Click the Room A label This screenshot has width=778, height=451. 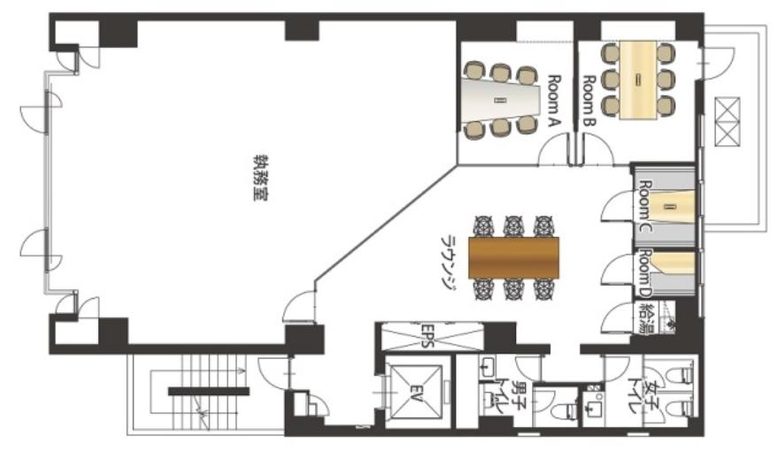coord(554,102)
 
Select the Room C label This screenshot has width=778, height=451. coord(644,206)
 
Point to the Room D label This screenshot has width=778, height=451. coord(644,273)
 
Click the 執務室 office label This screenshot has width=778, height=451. coord(260,178)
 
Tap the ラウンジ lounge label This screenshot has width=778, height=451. coord(449,261)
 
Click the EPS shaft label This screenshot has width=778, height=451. coord(428,337)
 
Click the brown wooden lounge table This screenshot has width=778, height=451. coord(513,257)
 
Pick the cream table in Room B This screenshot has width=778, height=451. coord(638,80)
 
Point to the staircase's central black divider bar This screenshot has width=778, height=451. coord(208,392)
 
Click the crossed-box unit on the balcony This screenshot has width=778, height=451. coord(727,122)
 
